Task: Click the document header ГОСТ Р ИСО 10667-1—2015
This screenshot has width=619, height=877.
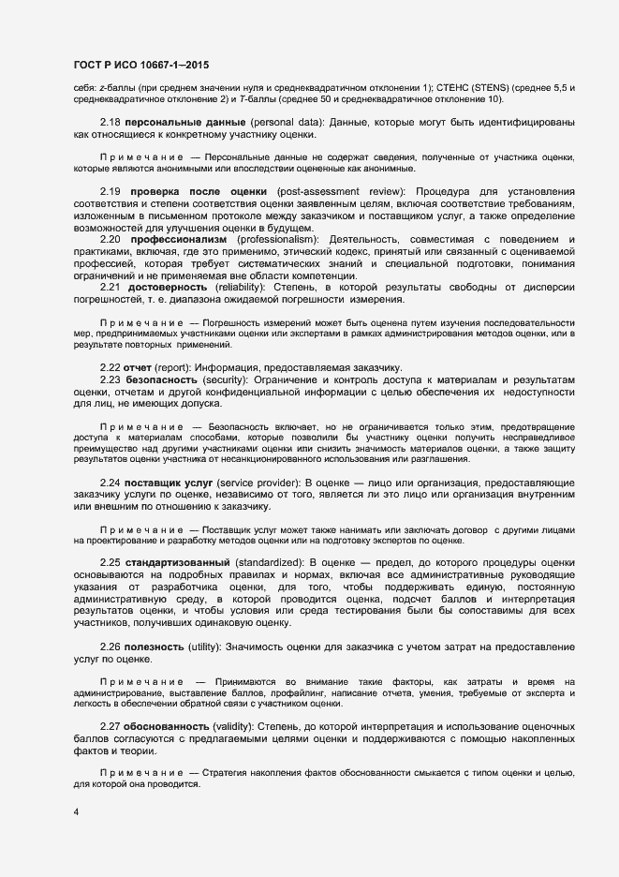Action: point(140,65)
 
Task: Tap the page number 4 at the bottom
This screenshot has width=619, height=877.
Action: point(76,811)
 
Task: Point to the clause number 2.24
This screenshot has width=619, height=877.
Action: point(111,482)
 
